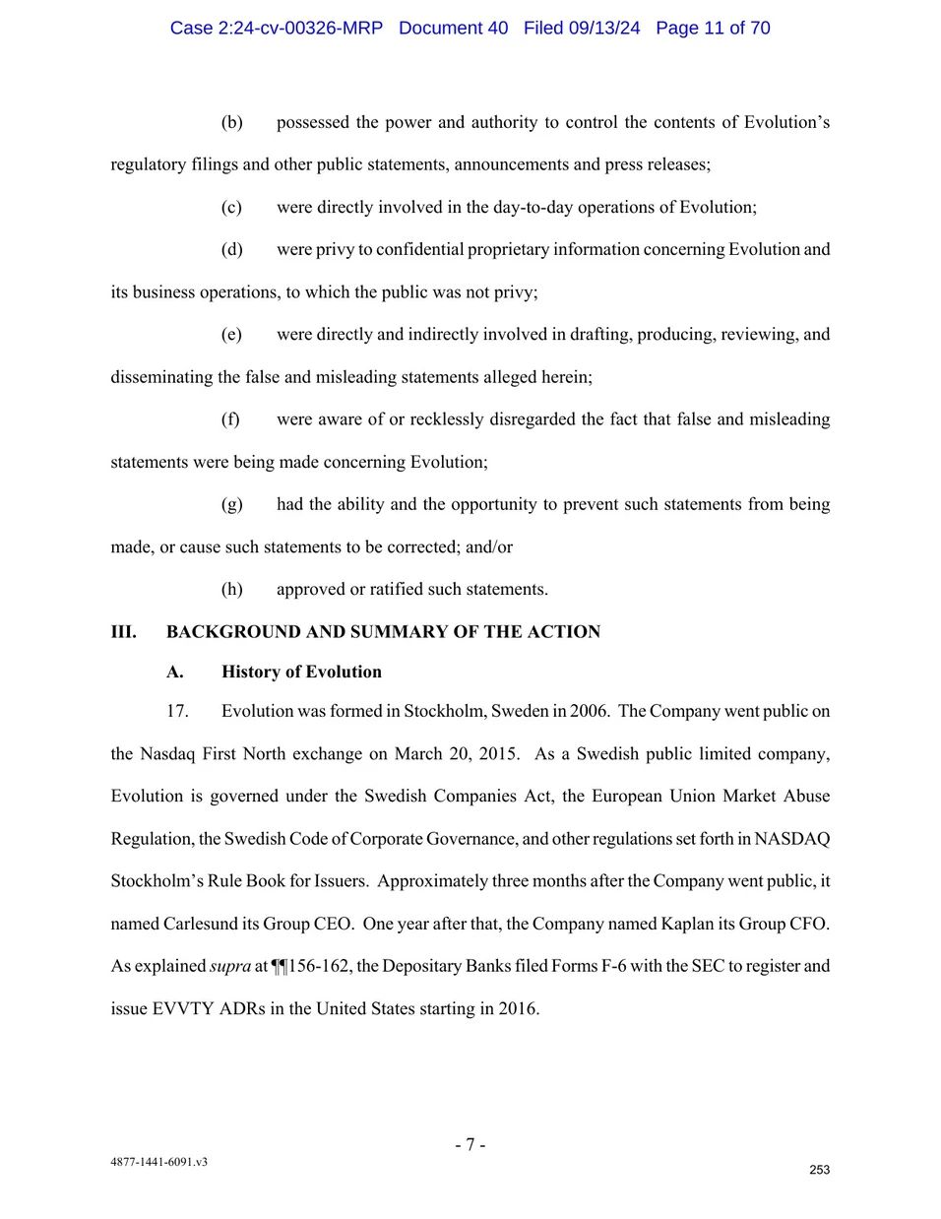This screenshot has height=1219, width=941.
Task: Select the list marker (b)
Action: (231, 122)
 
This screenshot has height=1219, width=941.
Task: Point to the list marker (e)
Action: (231, 335)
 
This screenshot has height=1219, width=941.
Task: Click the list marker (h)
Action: (231, 590)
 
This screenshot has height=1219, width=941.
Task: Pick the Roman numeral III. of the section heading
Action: (123, 632)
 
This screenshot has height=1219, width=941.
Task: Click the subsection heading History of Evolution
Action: (301, 673)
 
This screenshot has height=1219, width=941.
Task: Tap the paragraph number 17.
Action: (177, 711)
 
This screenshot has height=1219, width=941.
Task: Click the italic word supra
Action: (230, 967)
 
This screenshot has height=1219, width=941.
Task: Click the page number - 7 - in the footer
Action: (470, 1144)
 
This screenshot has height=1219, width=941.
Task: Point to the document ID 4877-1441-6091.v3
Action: (158, 1162)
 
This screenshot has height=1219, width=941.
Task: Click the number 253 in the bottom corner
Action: (819, 1170)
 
